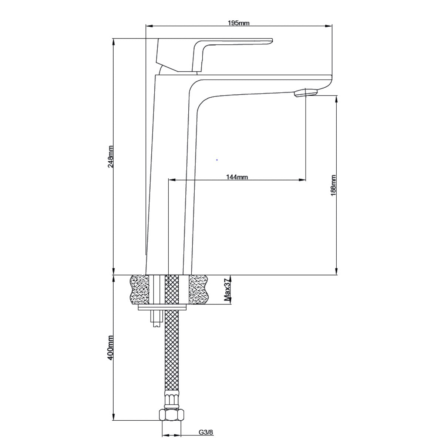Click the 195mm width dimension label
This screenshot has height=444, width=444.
239,23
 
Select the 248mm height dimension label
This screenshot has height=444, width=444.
111,157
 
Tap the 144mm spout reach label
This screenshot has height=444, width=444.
237,177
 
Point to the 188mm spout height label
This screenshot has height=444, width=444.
333,185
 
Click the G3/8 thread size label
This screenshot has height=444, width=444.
206,432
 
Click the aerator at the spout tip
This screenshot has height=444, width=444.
306,92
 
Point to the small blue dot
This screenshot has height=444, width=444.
217,160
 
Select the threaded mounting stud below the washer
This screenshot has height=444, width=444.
156,318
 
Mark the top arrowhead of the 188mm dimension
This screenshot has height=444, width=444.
336,98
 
